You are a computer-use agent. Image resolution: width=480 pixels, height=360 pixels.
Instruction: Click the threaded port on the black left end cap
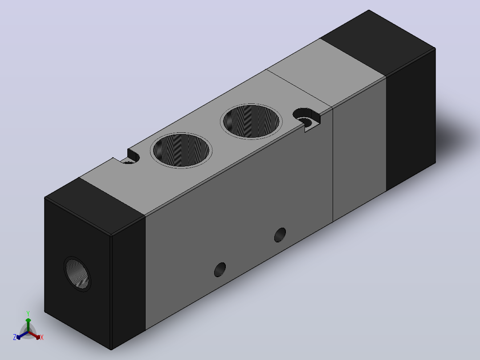[77, 274]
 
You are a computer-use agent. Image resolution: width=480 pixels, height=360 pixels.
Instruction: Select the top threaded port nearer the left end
[181, 150]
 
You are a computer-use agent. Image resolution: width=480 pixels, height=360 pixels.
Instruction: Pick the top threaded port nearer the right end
[251, 121]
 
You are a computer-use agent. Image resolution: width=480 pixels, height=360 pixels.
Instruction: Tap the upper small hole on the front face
[280, 235]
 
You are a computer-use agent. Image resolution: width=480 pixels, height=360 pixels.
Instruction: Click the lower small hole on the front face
[220, 270]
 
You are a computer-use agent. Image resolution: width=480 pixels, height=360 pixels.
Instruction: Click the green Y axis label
[28, 313]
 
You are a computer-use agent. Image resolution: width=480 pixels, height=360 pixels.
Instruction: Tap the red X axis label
[42, 337]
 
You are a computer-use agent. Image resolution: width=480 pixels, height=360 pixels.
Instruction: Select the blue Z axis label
[15, 337]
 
